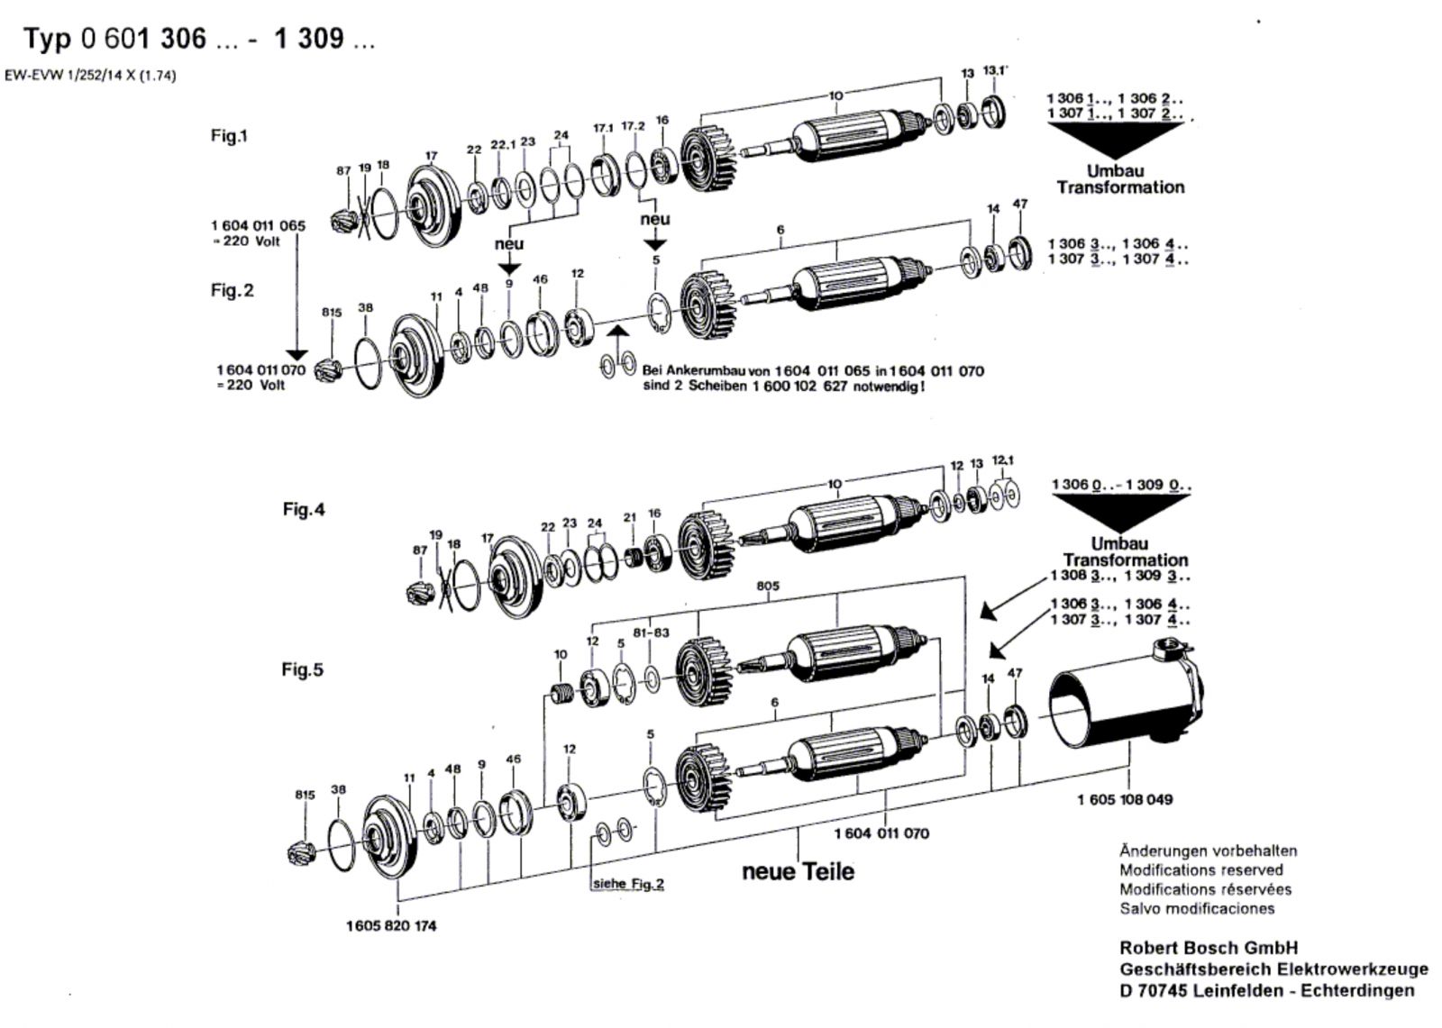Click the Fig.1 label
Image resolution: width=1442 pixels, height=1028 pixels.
tap(229, 136)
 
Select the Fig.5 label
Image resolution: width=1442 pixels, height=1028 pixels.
tap(302, 669)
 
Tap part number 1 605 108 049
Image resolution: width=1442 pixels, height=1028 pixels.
tap(1125, 799)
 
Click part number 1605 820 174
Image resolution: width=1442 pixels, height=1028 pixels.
tap(391, 925)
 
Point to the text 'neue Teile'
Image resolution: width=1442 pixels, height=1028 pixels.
tap(799, 871)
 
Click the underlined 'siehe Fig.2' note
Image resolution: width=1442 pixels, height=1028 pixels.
tap(628, 883)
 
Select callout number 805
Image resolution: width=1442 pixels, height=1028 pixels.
tap(768, 586)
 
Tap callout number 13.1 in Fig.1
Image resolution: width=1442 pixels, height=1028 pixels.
tap(995, 71)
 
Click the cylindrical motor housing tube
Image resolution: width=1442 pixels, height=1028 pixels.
tap(1126, 697)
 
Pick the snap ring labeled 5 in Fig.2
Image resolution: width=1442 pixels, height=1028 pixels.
tap(659, 313)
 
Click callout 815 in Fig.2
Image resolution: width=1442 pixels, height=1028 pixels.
tap(332, 313)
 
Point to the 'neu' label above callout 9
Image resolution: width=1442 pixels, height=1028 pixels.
tap(508, 244)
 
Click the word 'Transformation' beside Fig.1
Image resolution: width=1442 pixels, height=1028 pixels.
tap(1120, 187)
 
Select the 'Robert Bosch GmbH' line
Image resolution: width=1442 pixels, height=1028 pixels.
tap(1209, 948)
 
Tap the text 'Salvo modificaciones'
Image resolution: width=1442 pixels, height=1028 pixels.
tap(1197, 908)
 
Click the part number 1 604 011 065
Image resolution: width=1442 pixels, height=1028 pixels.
tap(258, 226)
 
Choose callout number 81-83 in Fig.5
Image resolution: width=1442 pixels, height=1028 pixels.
tap(651, 632)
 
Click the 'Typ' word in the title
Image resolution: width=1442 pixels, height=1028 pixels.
tap(47, 39)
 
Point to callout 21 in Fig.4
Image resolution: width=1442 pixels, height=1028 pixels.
tap(630, 517)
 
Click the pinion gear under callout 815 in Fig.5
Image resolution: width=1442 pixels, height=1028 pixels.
tap(301, 853)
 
